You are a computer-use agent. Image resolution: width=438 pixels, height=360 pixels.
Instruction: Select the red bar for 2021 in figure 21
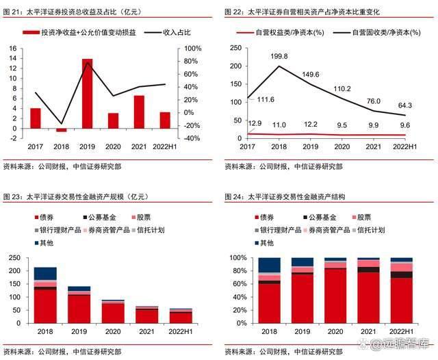click(x=139, y=112)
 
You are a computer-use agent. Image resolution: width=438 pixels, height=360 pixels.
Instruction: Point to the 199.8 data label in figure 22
click(x=279, y=56)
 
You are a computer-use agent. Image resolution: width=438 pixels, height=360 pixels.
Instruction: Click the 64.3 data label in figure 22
click(x=406, y=105)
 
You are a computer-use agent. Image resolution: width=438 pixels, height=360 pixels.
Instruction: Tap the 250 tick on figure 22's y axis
click(x=235, y=48)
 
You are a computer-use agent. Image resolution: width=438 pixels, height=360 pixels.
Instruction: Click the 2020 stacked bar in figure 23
click(x=113, y=311)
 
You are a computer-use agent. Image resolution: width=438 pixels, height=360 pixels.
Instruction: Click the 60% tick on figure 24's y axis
click(x=237, y=284)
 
